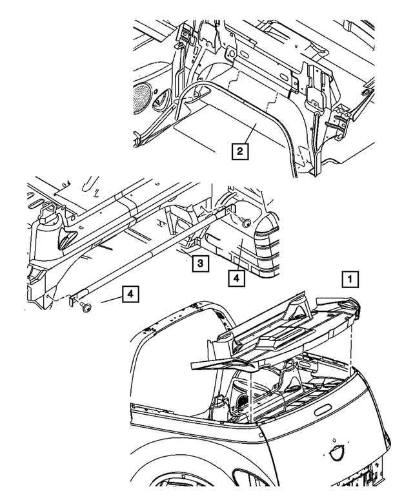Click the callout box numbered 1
348,280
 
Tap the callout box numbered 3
200,263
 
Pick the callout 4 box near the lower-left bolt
130,295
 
